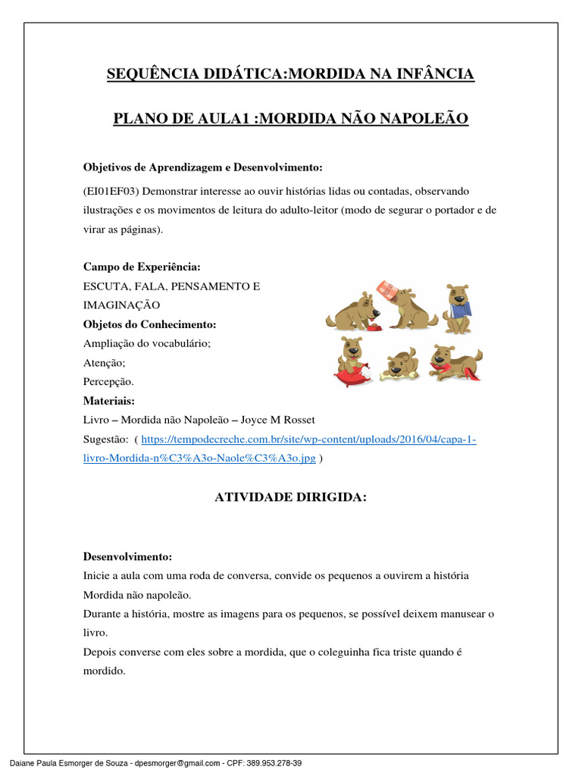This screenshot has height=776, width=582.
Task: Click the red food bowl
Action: click(x=355, y=328)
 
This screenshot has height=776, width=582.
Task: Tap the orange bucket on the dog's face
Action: click(x=388, y=291)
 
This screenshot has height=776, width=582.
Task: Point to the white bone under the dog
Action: click(x=398, y=374)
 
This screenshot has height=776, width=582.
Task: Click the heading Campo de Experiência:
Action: click(x=142, y=268)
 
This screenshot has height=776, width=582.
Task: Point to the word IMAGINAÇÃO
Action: click(x=121, y=305)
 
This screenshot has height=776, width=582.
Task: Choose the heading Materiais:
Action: click(x=109, y=400)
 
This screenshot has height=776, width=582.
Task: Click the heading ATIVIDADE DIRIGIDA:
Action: click(x=290, y=497)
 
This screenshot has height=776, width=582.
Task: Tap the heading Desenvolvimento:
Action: click(x=128, y=557)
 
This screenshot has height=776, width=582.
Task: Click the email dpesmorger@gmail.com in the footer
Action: click(x=177, y=763)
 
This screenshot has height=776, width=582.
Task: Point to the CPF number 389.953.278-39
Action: click(x=276, y=763)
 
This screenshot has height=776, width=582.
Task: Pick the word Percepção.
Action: click(x=108, y=381)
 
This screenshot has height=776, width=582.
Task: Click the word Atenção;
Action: click(x=105, y=362)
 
